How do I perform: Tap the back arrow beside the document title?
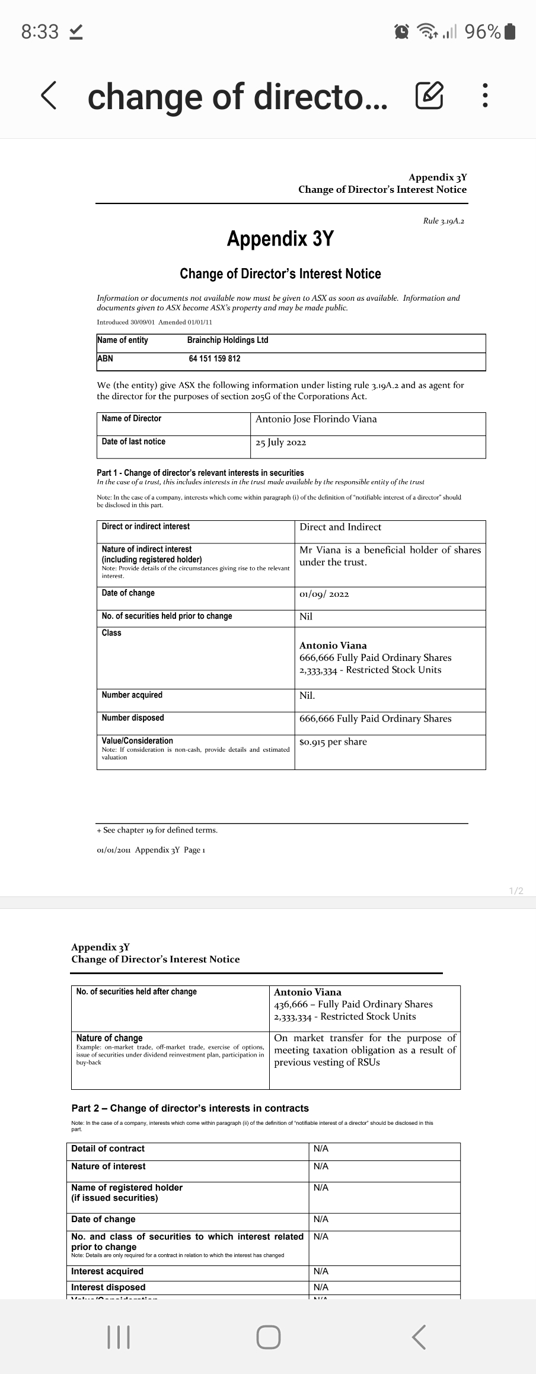(x=50, y=97)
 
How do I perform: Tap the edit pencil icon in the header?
(x=429, y=97)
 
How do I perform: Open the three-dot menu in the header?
(x=485, y=97)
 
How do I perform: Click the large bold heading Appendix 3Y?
(x=280, y=238)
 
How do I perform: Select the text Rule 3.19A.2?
(x=444, y=221)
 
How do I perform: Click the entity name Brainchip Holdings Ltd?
(x=228, y=340)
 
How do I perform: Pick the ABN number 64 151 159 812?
(x=215, y=358)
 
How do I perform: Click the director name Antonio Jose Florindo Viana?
(x=316, y=419)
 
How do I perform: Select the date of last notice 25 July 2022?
(x=280, y=443)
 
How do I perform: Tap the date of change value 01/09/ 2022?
(x=324, y=594)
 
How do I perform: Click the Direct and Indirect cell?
(x=340, y=527)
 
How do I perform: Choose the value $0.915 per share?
(x=333, y=742)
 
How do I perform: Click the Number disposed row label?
(x=133, y=718)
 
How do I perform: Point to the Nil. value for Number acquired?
(x=307, y=695)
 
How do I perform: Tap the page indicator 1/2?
(x=516, y=891)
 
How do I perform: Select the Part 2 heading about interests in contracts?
(x=190, y=1108)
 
